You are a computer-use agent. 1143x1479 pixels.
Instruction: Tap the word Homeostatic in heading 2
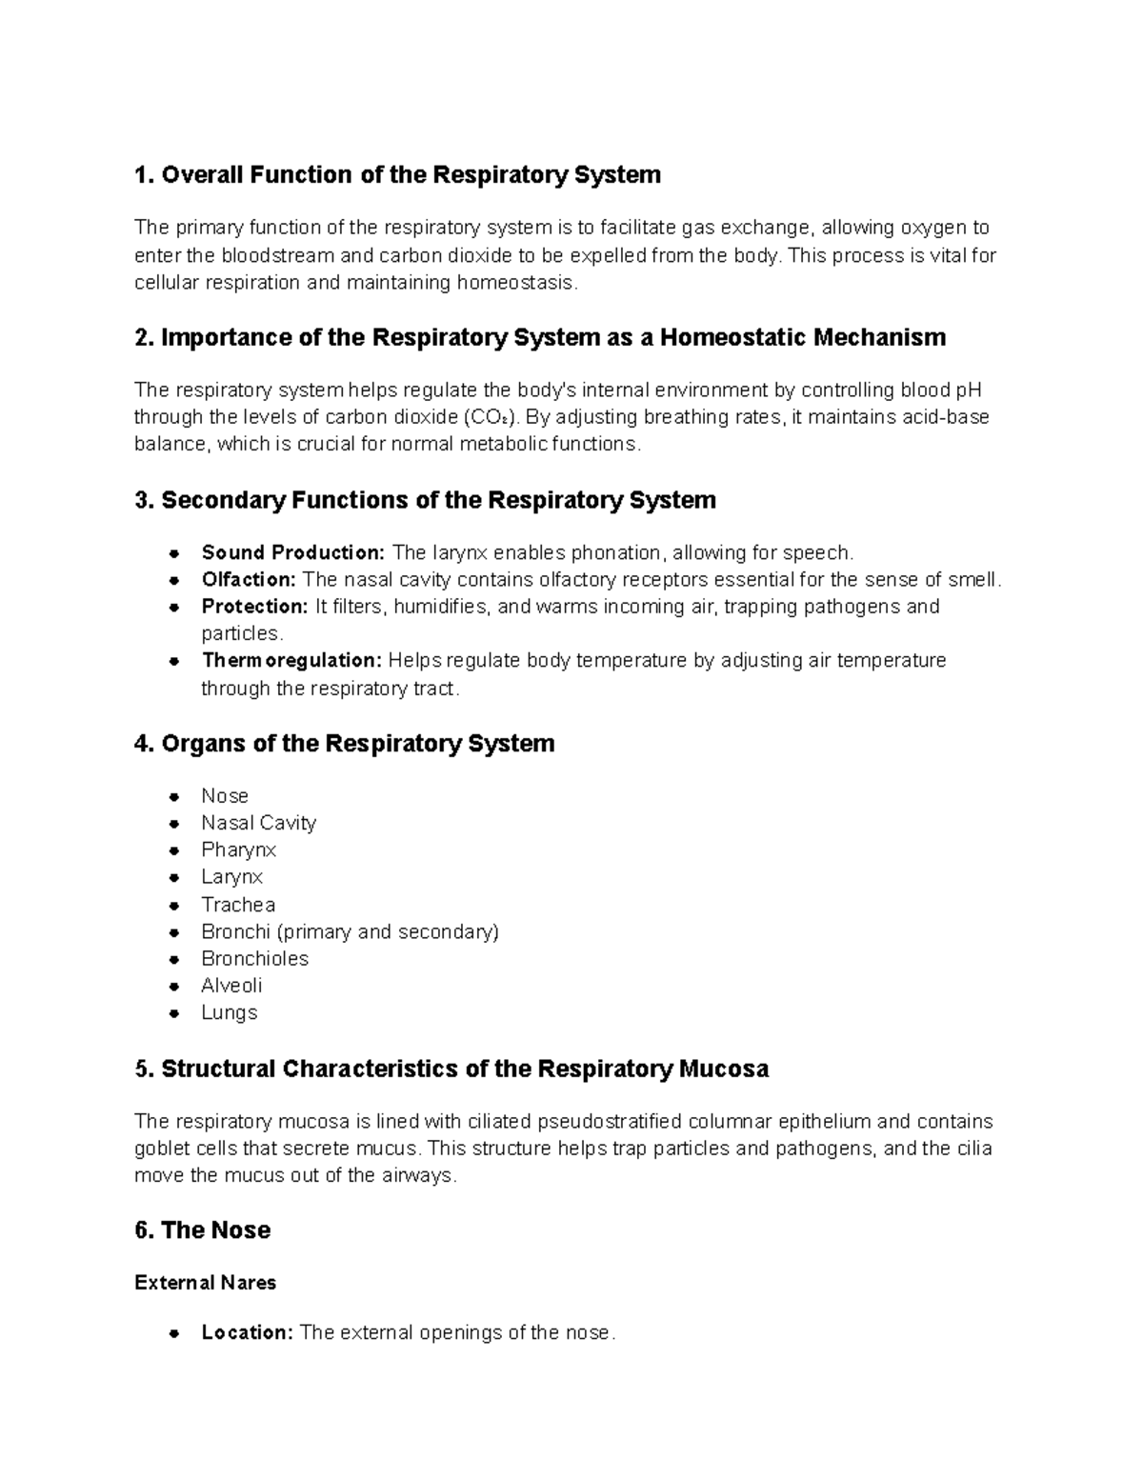[x=731, y=338]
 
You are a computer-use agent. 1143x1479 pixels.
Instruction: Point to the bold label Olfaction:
[x=249, y=580]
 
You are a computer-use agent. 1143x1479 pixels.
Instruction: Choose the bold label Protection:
[x=254, y=607]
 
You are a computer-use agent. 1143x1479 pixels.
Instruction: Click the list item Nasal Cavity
[x=258, y=823]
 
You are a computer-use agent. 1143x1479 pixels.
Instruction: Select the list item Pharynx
[x=238, y=849]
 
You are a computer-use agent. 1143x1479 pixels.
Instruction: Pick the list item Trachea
[x=238, y=905]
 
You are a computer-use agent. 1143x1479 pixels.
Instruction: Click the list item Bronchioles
[x=254, y=959]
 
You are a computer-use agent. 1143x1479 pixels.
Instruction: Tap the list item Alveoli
[x=231, y=986]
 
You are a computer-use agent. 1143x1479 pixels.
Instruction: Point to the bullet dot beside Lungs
[x=174, y=1014]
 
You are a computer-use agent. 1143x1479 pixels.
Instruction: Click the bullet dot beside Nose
[x=174, y=797]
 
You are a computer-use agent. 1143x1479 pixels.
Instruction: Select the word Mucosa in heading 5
[x=723, y=1069]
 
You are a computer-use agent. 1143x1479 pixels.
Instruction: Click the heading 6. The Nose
[x=202, y=1230]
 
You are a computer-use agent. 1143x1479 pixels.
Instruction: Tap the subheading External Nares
[x=205, y=1284]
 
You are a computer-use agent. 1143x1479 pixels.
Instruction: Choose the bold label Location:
[x=247, y=1333]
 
